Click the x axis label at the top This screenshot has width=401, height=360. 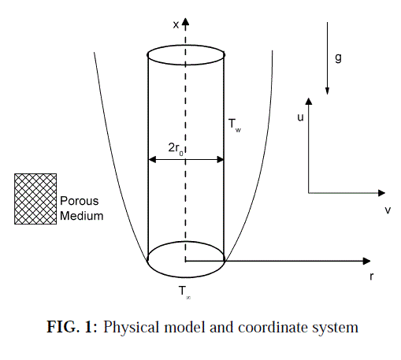click(176, 25)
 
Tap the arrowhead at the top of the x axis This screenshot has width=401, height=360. click(185, 22)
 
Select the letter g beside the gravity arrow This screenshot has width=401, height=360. click(338, 58)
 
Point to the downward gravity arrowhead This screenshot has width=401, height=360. click(327, 91)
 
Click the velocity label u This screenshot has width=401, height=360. click(300, 117)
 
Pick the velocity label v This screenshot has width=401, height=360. click(388, 210)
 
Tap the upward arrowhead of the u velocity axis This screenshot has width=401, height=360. click(309, 102)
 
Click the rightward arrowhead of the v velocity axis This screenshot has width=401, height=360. click(381, 193)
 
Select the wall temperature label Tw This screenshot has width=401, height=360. click(235, 125)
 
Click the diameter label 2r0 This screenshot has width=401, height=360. click(176, 149)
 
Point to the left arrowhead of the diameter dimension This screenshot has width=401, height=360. click(152, 159)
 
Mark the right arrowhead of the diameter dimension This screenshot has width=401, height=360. click(220, 159)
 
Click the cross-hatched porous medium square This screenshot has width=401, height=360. click(35, 199)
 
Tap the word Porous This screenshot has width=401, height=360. click(80, 201)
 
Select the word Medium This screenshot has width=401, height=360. click(82, 216)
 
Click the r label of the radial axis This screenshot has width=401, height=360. click(371, 276)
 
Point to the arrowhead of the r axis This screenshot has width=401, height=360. click(366, 261)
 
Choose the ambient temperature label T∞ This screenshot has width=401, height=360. click(184, 292)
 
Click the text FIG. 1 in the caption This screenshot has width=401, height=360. click(72, 327)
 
